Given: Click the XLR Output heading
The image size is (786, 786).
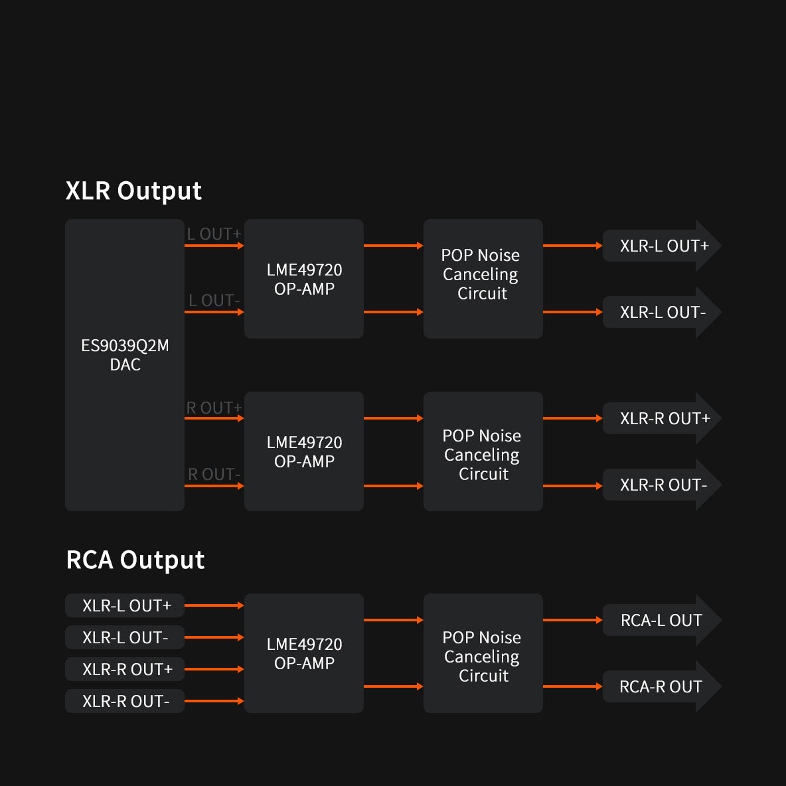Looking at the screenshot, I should click(x=133, y=191).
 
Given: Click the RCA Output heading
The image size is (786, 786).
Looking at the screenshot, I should click(x=135, y=560).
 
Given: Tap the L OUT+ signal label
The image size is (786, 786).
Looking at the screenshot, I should click(x=214, y=234).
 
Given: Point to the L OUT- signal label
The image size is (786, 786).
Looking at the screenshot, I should click(x=214, y=301).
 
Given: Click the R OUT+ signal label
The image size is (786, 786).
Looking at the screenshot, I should click(x=214, y=408).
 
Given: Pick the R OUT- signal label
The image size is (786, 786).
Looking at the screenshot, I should click(x=214, y=475).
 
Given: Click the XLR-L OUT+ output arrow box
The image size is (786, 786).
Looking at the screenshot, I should click(x=661, y=246).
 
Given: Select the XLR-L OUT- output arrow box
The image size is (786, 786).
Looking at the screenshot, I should click(x=661, y=313).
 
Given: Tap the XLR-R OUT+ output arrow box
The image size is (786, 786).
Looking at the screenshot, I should click(x=661, y=419).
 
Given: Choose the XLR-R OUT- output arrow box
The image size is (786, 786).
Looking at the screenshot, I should click(x=661, y=485).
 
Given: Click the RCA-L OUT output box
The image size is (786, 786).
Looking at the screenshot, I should click(x=661, y=621).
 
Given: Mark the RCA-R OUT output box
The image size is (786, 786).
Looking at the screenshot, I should click(x=661, y=687).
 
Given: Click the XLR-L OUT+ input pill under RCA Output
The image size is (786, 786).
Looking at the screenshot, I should click(x=125, y=606).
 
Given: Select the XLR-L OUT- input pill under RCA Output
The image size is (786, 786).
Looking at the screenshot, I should click(x=125, y=638).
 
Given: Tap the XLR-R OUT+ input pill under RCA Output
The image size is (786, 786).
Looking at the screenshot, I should click(x=125, y=670).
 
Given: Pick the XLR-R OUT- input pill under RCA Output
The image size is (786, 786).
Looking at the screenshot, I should click(x=125, y=702).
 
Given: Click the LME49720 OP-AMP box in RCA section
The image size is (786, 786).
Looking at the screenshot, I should click(x=304, y=654).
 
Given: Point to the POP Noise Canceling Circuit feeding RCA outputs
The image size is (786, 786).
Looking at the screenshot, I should click(x=483, y=657).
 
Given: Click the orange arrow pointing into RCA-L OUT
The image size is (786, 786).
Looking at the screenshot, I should click(x=572, y=620).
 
